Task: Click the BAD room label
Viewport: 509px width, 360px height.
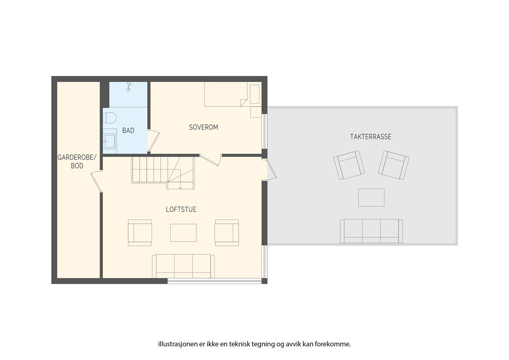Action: pyautogui.click(x=128, y=131)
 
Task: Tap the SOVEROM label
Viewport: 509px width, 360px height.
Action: pyautogui.click(x=204, y=127)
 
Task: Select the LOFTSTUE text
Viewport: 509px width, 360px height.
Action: pyautogui.click(x=181, y=209)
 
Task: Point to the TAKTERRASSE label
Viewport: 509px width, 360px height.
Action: pyautogui.click(x=371, y=137)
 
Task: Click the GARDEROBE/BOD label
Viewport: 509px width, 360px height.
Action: pyautogui.click(x=77, y=161)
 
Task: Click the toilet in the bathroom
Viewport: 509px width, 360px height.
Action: pyautogui.click(x=110, y=118)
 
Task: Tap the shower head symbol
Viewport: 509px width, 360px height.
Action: pyautogui.click(x=129, y=87)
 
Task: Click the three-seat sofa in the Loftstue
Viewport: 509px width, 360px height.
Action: pyautogui.click(x=183, y=266)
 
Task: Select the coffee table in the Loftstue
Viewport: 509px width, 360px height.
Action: pyautogui.click(x=183, y=233)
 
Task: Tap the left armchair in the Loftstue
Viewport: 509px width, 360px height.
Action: pyautogui.click(x=140, y=233)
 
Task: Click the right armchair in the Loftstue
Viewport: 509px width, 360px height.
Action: pyautogui.click(x=227, y=233)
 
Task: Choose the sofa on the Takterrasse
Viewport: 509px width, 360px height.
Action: pyautogui.click(x=371, y=231)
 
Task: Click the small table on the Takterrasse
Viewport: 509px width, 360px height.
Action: pyautogui.click(x=371, y=197)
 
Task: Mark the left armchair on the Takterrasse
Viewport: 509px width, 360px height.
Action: pyautogui.click(x=349, y=165)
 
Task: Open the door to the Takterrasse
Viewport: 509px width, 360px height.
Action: pyautogui.click(x=271, y=170)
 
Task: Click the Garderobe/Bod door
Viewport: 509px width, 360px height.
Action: pyautogui.click(x=96, y=181)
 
